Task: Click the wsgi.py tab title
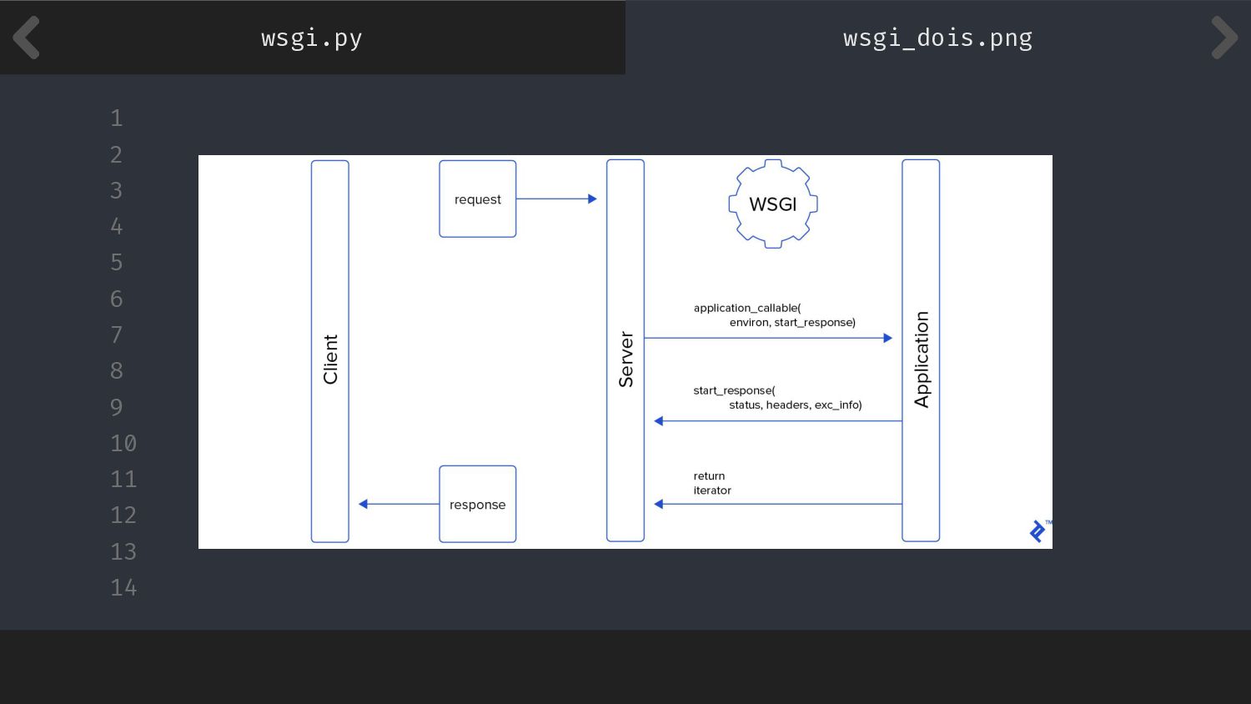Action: click(311, 38)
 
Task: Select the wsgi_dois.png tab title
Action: click(937, 38)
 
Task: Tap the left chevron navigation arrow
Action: click(27, 38)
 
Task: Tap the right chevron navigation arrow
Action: click(1223, 38)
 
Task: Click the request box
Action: click(478, 199)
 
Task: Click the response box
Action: click(478, 505)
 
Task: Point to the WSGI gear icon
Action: click(773, 204)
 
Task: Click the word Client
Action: click(330, 360)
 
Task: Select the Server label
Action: click(625, 360)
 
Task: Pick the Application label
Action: click(921, 360)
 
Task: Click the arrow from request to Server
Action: click(556, 199)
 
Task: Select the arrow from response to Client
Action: click(399, 504)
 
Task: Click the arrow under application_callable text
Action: click(768, 338)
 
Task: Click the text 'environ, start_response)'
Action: click(792, 323)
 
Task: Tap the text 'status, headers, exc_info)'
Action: click(795, 405)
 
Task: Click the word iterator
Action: click(712, 490)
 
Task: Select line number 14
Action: click(123, 588)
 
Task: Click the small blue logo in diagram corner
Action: click(1037, 531)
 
